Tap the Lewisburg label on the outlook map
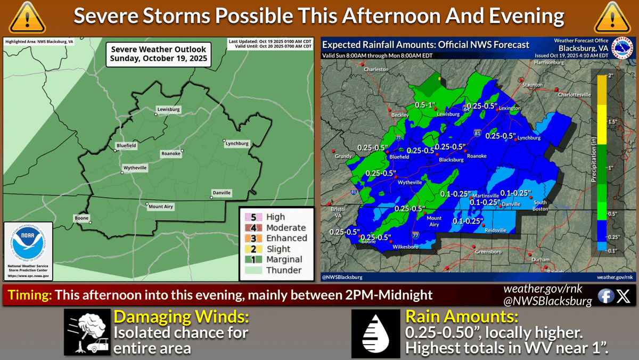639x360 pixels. (x=168, y=110)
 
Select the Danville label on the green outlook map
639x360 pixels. (x=221, y=193)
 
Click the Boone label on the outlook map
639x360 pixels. (x=81, y=217)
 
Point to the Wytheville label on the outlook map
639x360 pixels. (x=135, y=168)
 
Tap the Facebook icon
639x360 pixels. (x=605, y=296)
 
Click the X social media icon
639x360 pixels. (x=623, y=296)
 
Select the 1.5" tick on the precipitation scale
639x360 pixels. (x=612, y=122)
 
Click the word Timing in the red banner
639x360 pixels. (x=30, y=294)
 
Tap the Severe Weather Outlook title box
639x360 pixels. (x=159, y=54)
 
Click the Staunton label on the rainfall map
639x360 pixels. (x=532, y=85)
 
